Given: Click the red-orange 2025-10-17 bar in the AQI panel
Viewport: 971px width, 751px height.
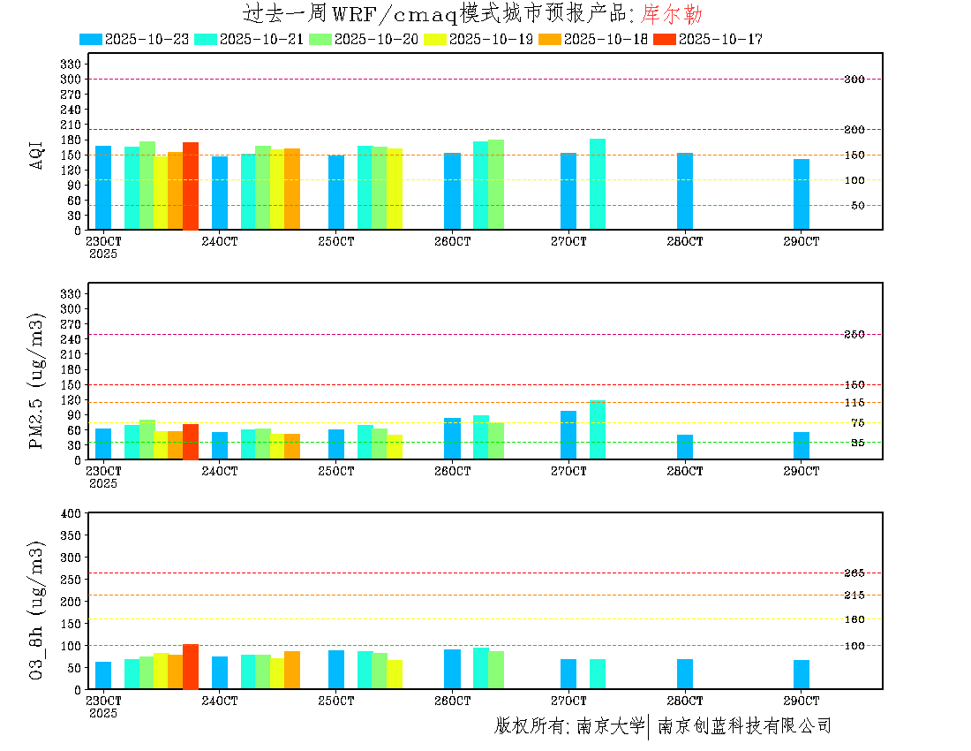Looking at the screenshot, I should (x=191, y=186).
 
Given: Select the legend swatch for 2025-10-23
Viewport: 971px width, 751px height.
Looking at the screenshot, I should (x=90, y=39).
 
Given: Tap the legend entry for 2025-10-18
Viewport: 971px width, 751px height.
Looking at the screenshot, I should (x=605, y=39).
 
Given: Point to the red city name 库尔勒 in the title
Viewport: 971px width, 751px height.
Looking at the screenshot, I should (x=672, y=14).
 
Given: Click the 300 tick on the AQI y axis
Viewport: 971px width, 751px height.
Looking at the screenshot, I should (x=71, y=79).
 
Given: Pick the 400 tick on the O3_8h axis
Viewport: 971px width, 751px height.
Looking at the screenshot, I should (x=71, y=513).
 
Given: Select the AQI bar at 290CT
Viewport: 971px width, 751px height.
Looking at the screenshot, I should (x=802, y=194).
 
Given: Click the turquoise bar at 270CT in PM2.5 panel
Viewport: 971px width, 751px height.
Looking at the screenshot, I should (x=598, y=430).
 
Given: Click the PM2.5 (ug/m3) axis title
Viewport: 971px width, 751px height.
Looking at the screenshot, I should (x=37, y=381).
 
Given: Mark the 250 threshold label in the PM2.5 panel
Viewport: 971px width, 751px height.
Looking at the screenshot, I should (x=854, y=334).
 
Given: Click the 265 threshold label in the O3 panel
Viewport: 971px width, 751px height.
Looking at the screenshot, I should (x=854, y=573).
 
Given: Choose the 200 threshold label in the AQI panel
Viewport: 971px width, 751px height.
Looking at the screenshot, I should (x=854, y=130).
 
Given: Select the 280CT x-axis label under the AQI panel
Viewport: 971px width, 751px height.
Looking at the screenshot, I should (x=685, y=241).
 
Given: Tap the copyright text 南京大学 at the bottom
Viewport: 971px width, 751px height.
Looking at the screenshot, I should (x=610, y=726).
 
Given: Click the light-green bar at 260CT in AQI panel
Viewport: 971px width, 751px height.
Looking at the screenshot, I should (x=496, y=185).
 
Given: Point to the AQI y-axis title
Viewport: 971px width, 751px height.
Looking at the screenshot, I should (x=37, y=154).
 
